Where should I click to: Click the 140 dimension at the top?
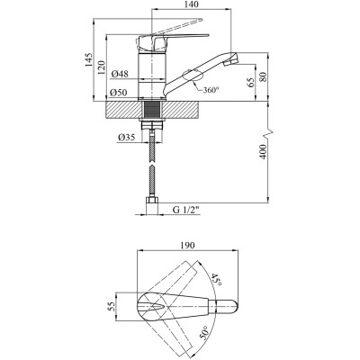pyautogui.click(x=192, y=4)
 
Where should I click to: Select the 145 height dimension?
pyautogui.click(x=88, y=60)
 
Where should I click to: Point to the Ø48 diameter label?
pyautogui.click(x=120, y=74)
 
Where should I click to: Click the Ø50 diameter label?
pyautogui.click(x=120, y=93)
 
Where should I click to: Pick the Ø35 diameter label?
pyautogui.click(x=126, y=138)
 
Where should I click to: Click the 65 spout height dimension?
pyautogui.click(x=251, y=82)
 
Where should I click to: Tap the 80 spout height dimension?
pyautogui.click(x=263, y=77)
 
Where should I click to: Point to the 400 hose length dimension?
pyautogui.click(x=263, y=152)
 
